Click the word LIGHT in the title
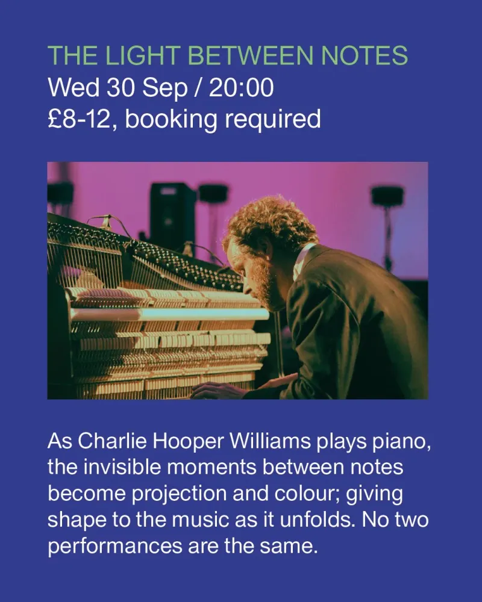(x=143, y=55)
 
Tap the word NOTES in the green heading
(x=365, y=55)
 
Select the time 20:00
(x=242, y=87)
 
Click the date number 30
(x=120, y=87)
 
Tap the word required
(x=273, y=120)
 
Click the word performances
(x=115, y=547)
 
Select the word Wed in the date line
(x=74, y=87)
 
